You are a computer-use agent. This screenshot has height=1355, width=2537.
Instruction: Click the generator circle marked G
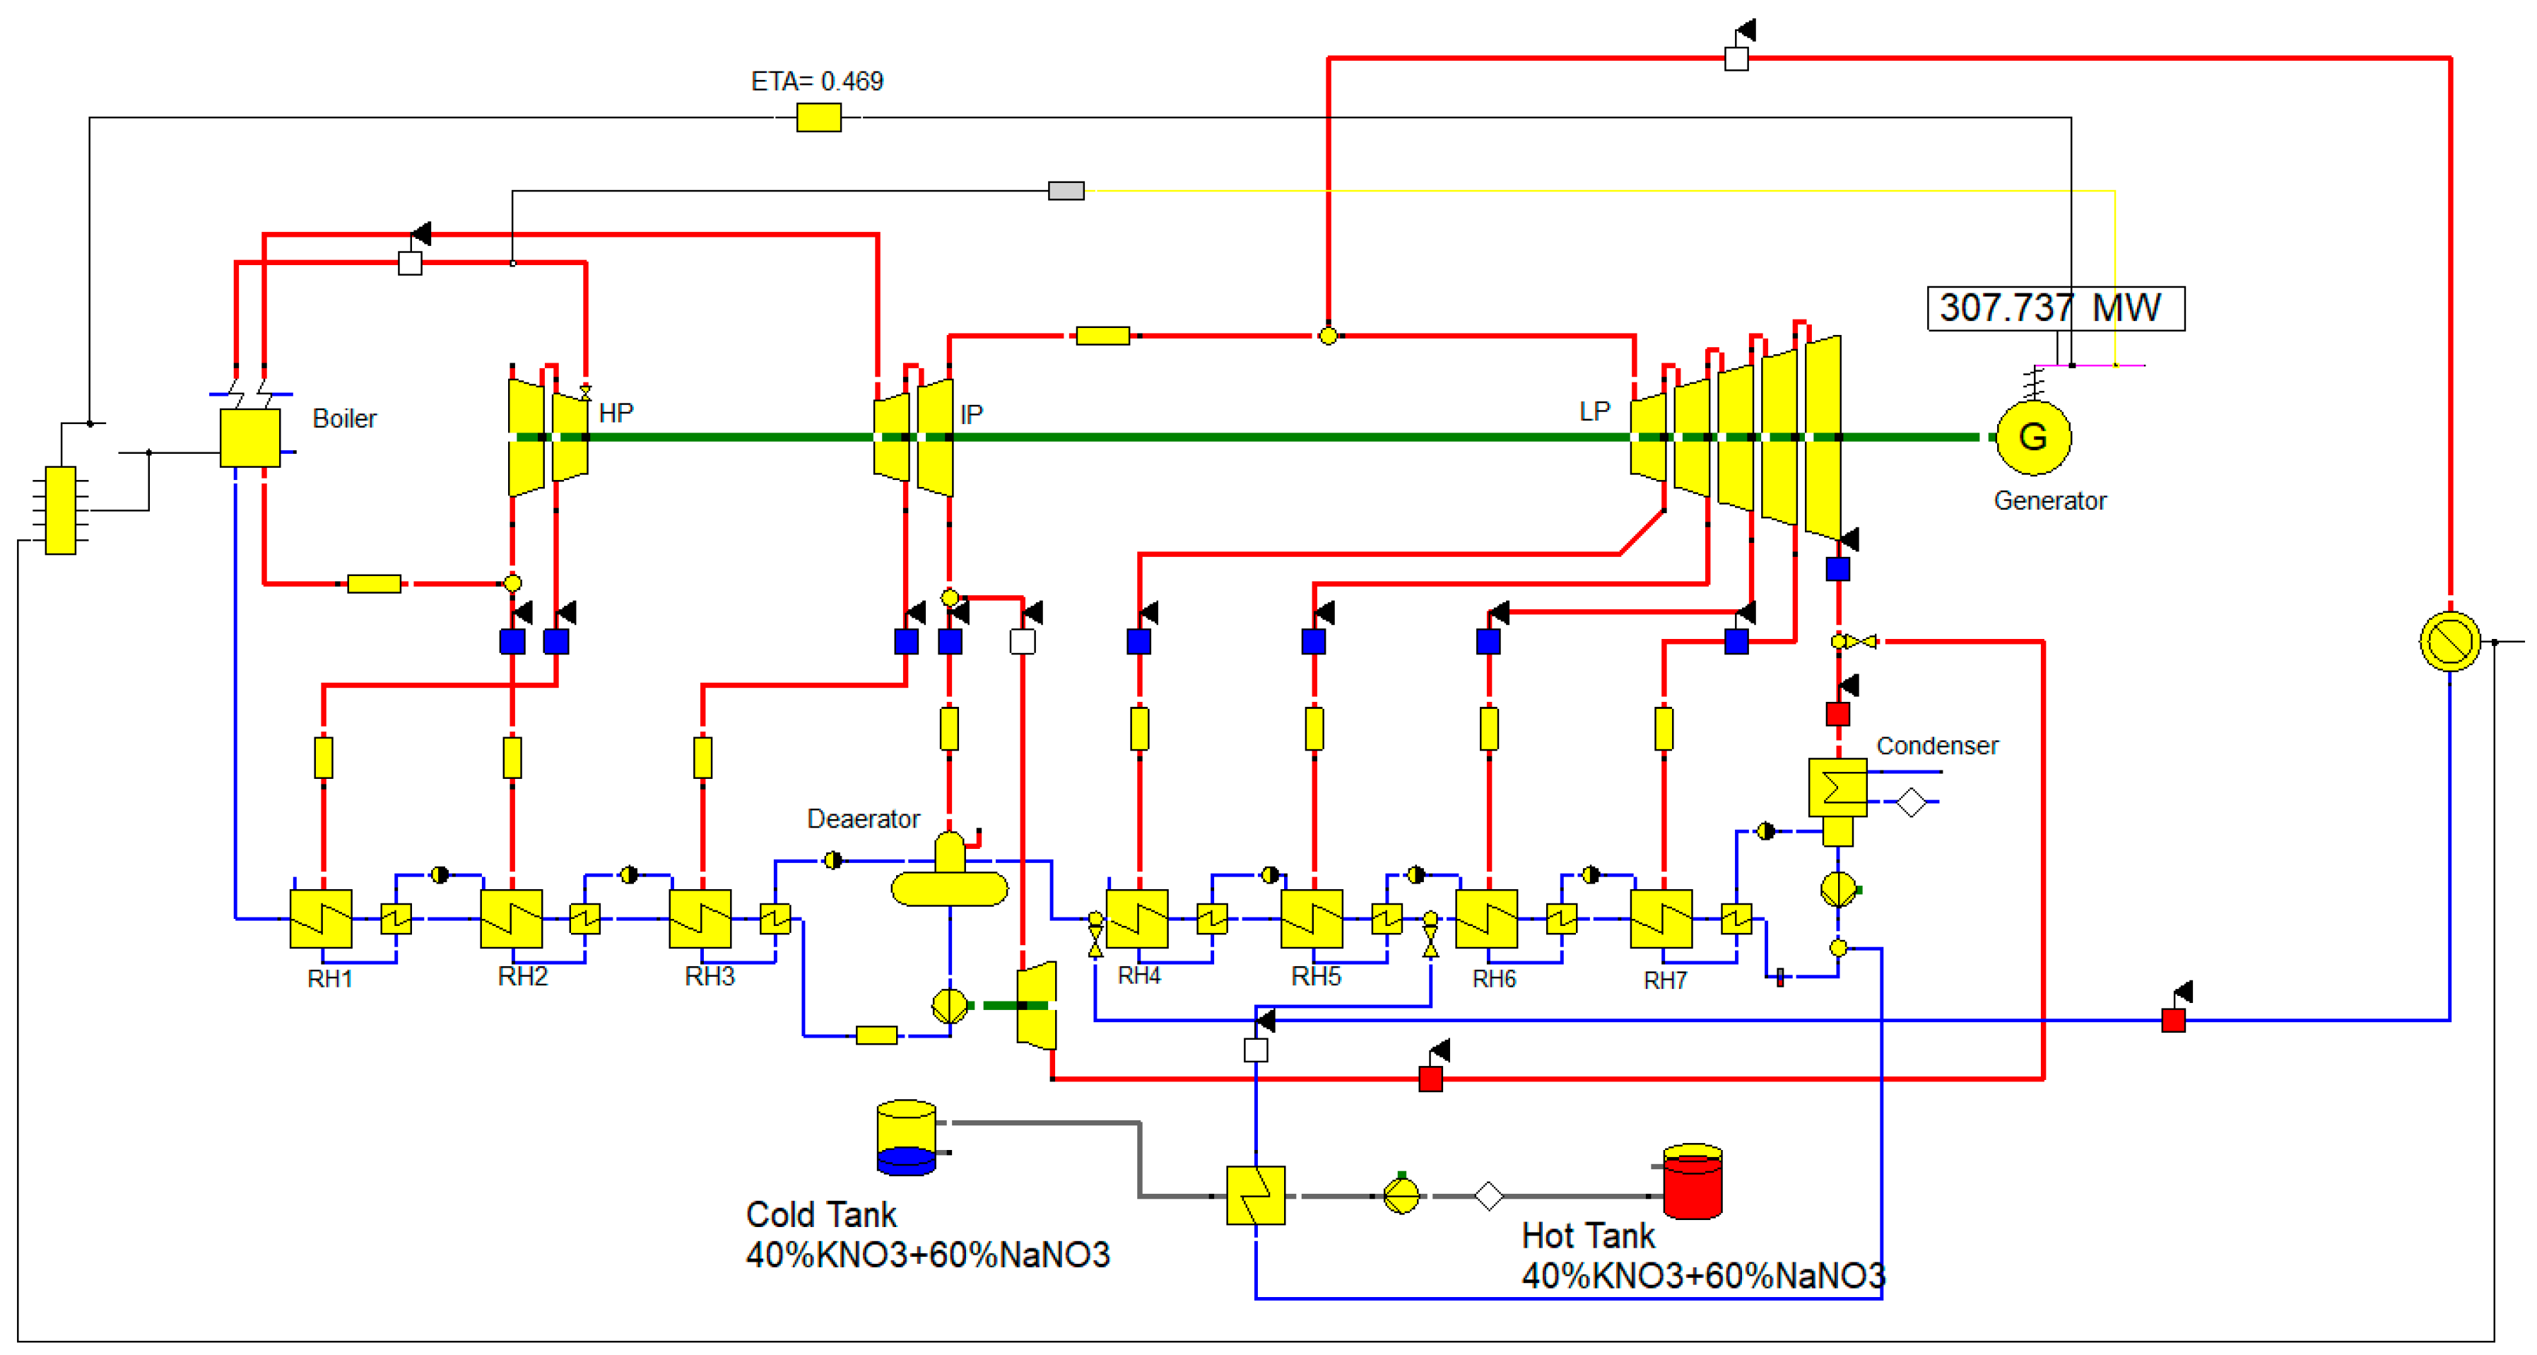[2032, 438]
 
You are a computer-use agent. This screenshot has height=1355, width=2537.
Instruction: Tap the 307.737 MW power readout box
[2056, 308]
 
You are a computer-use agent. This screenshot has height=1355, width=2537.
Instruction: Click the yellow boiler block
[250, 438]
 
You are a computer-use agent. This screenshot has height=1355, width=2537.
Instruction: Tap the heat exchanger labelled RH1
[321, 919]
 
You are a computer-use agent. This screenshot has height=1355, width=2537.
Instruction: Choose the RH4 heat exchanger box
[1138, 919]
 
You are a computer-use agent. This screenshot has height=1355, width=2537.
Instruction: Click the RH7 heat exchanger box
[1661, 919]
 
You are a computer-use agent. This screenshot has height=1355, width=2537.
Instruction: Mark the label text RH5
[1316, 976]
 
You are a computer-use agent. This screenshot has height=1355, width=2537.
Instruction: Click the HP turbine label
[616, 413]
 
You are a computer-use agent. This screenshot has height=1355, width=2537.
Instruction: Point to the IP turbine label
[971, 415]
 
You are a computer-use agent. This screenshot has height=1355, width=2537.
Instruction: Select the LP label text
[1594, 411]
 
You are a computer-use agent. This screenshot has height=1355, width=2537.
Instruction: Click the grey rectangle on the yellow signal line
[1066, 190]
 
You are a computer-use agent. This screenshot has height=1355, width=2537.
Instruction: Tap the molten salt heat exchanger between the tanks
[1256, 1195]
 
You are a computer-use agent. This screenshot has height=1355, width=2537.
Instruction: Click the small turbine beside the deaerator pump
[1036, 1005]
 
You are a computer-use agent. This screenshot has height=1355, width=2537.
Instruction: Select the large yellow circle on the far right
[2449, 641]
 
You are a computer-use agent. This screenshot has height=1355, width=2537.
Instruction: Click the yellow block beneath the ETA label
[818, 118]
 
